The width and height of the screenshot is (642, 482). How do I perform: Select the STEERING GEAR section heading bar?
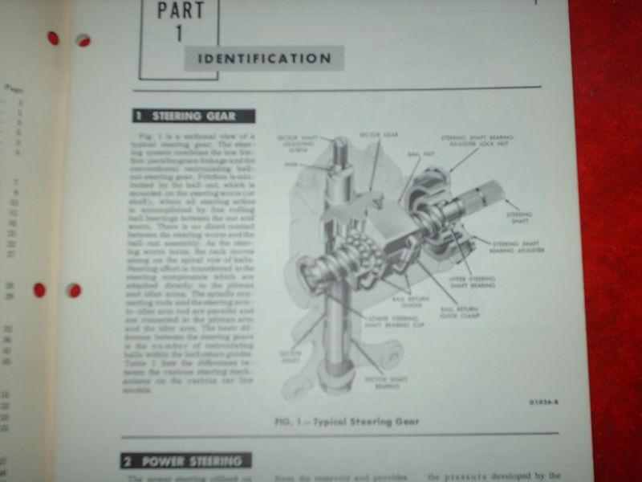[193, 116]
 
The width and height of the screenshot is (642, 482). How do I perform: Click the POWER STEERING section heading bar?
[185, 461]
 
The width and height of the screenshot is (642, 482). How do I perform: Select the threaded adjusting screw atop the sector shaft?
[339, 151]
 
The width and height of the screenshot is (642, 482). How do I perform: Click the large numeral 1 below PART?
[179, 34]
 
